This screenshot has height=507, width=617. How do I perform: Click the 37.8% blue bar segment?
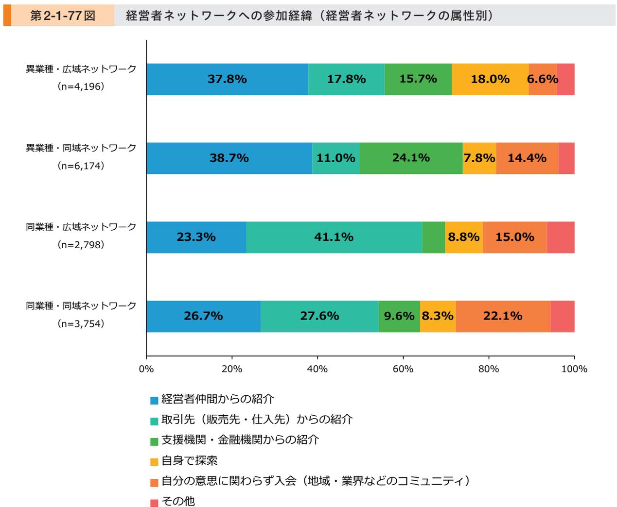tap(227, 79)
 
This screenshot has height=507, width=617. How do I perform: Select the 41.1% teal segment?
tap(334, 237)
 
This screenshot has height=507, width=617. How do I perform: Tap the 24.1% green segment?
tap(411, 158)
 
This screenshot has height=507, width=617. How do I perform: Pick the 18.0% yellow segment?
tap(490, 79)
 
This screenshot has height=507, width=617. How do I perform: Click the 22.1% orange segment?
tap(503, 317)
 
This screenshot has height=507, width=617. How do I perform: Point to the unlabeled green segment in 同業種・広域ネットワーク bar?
tap(433, 237)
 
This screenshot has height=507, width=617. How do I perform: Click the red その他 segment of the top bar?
tap(565, 79)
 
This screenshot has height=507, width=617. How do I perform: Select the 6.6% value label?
tap(543, 79)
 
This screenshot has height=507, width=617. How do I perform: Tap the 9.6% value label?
tap(399, 317)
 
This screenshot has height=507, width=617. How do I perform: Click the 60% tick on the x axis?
tap(403, 369)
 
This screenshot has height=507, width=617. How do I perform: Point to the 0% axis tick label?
tap(146, 369)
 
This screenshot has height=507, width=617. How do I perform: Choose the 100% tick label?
tap(574, 369)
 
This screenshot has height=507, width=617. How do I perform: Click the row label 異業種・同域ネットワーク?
tap(81, 148)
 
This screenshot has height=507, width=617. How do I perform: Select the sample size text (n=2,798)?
tap(81, 245)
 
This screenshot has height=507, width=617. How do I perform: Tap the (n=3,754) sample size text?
tap(81, 324)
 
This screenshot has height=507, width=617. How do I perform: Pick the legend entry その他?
tap(178, 501)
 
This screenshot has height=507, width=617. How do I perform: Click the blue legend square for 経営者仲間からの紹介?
tap(154, 401)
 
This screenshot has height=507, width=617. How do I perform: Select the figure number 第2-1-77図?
tap(62, 16)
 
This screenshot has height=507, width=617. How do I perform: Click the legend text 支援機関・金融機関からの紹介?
tap(240, 440)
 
